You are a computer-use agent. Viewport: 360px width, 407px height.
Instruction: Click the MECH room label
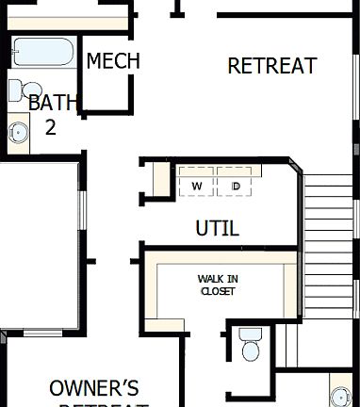(113, 61)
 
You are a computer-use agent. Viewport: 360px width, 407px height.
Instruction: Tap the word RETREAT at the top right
(272, 66)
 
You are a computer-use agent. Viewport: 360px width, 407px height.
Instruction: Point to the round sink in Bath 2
(18, 130)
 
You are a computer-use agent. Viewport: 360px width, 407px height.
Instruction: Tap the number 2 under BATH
(51, 126)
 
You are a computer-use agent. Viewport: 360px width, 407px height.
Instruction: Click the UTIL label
(217, 228)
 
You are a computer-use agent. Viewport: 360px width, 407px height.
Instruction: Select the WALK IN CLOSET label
(217, 285)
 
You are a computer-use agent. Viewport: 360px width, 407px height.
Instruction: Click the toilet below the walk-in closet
(250, 345)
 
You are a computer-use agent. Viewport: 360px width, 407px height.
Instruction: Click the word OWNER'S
(94, 387)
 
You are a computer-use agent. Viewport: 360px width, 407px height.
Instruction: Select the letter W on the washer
(197, 186)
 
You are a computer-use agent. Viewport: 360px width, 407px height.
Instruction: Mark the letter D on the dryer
(236, 186)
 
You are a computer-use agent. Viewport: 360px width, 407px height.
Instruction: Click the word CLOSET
(217, 291)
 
